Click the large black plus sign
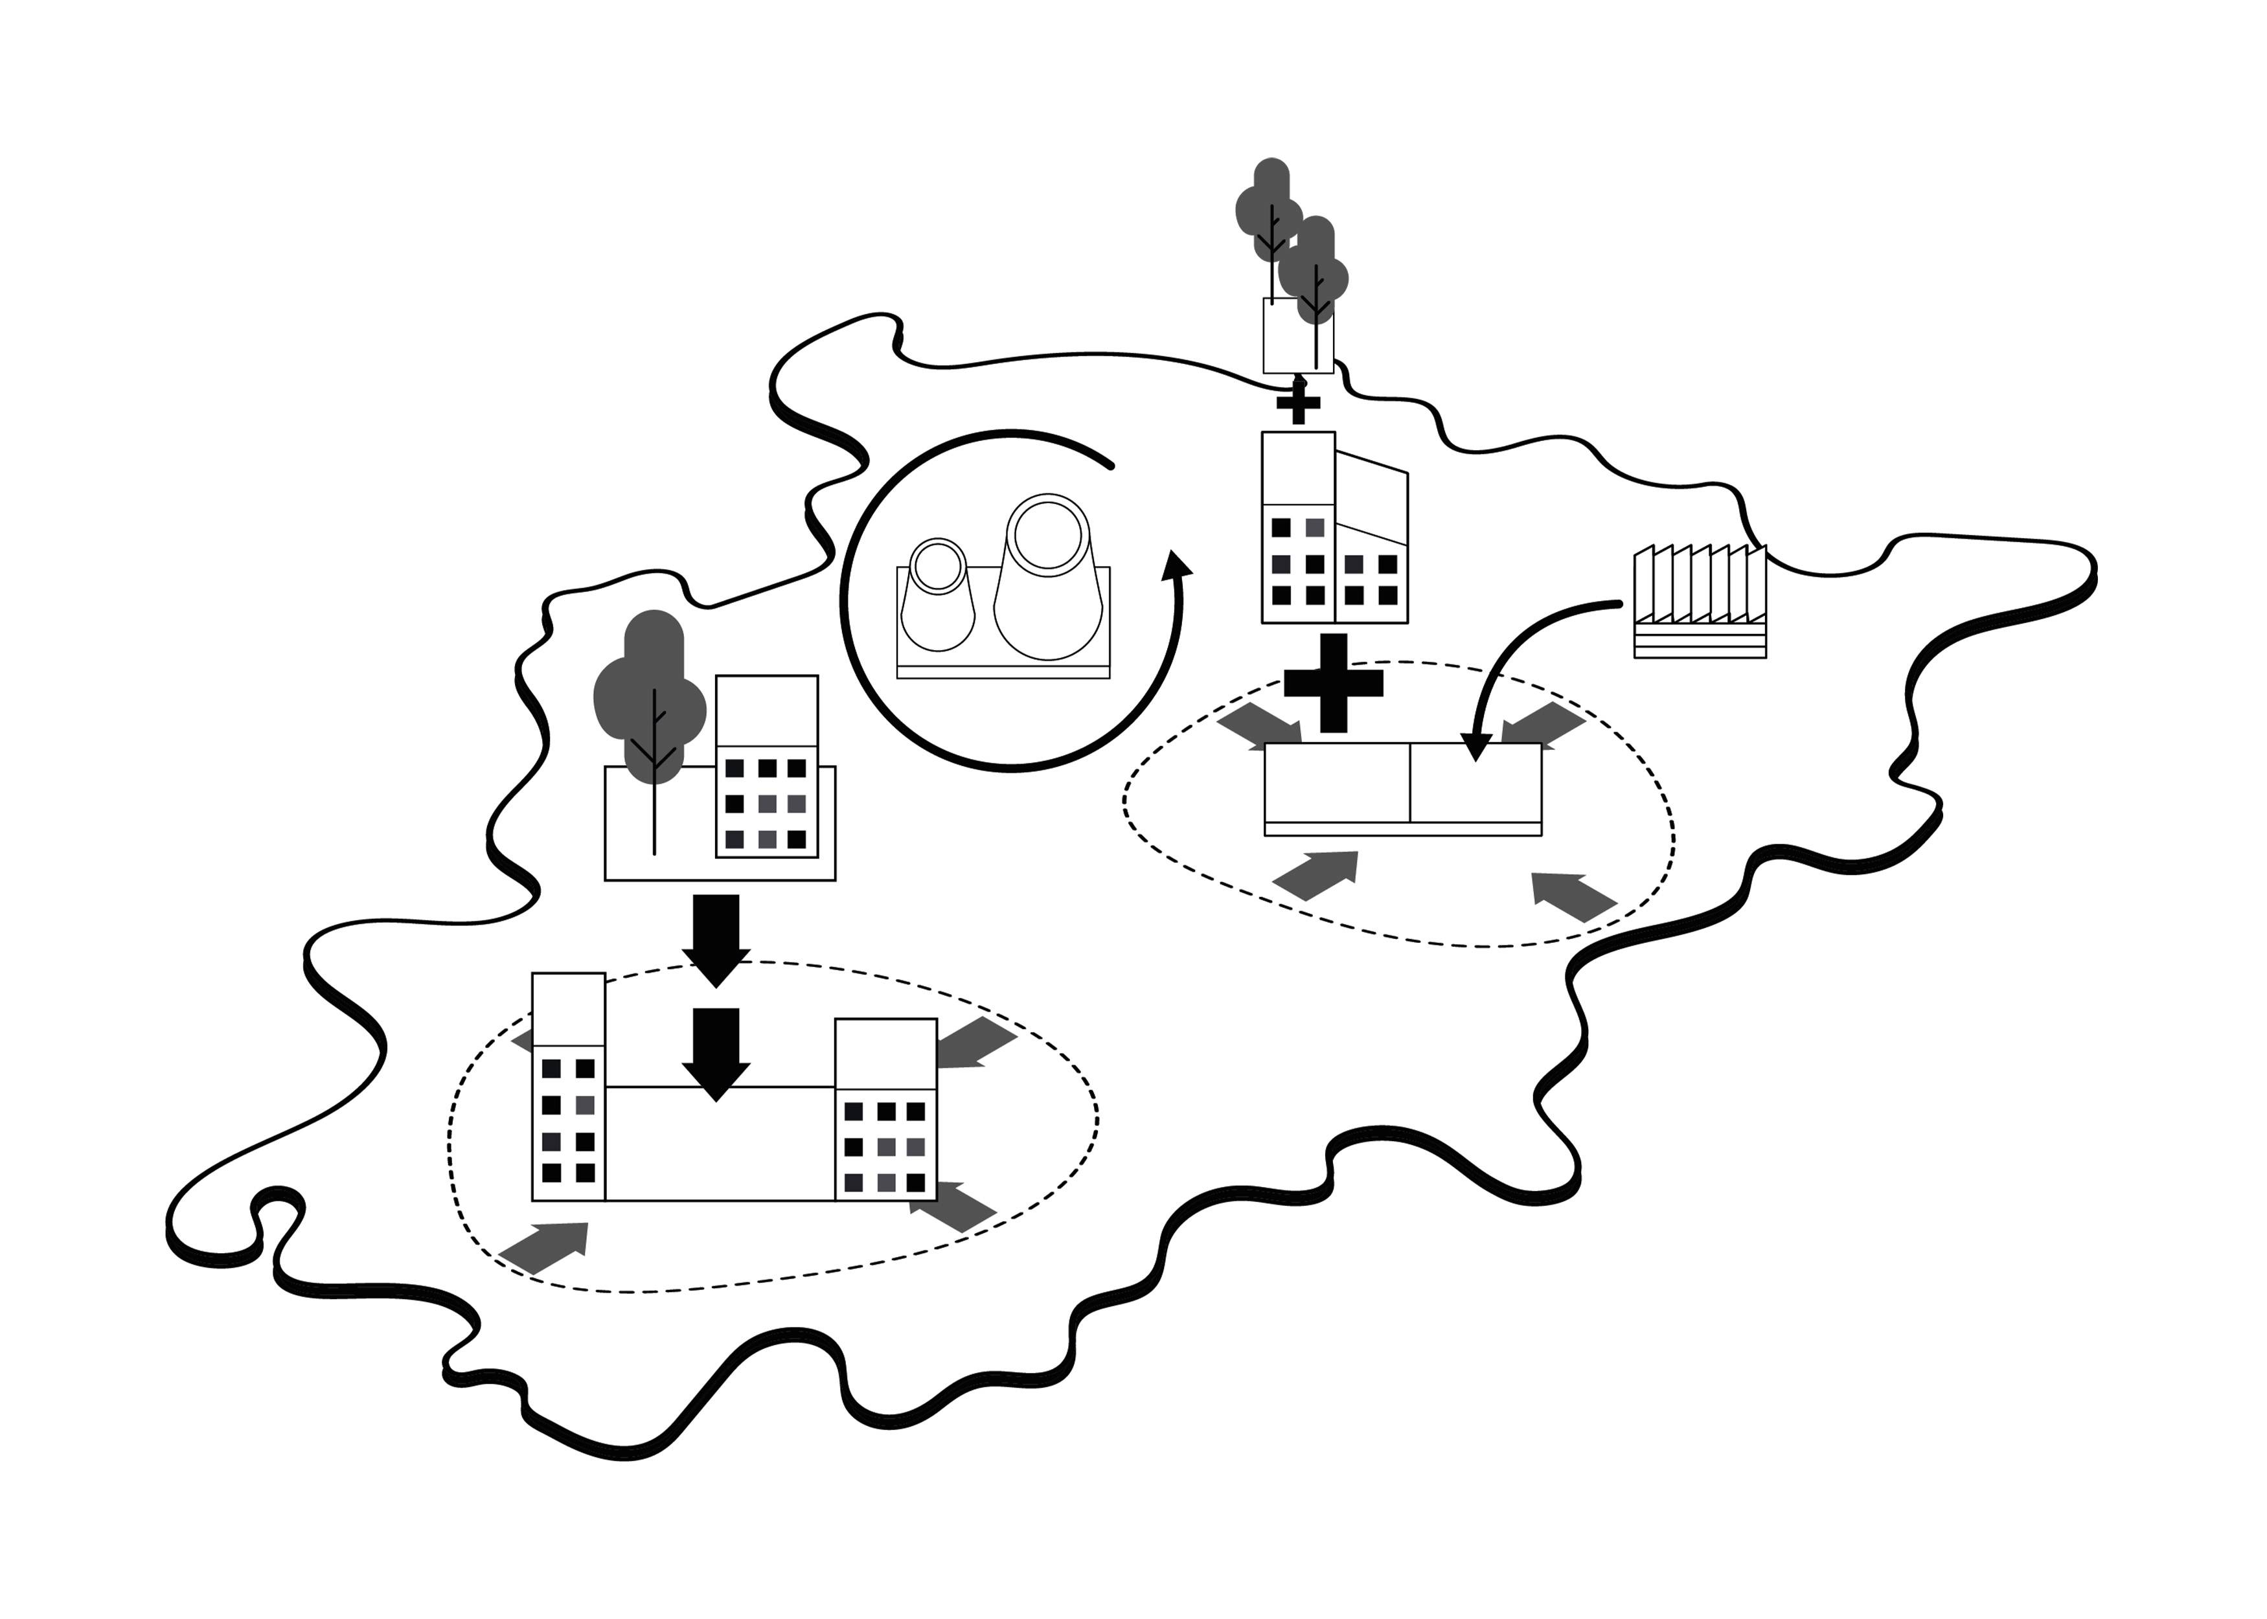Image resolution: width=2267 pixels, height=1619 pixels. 1333,683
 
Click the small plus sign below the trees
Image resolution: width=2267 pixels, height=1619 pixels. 1298,403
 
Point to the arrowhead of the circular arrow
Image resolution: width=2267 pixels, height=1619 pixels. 1178,564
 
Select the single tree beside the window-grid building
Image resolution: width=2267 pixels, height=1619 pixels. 650,708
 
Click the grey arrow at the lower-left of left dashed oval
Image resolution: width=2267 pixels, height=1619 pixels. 546,1246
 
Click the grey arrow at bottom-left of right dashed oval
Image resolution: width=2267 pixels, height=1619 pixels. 1318,874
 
